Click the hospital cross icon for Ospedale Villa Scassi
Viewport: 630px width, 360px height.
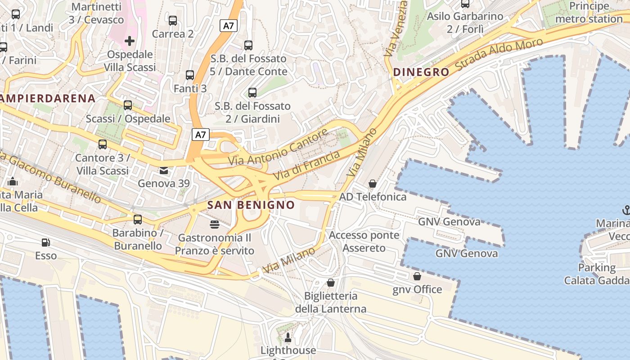(x=130, y=41)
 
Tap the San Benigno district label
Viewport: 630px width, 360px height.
(x=251, y=205)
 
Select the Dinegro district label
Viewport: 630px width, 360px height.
(x=421, y=72)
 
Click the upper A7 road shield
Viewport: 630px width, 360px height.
(x=229, y=26)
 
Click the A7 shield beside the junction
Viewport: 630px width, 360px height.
(x=201, y=134)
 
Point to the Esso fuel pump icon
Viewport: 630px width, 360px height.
(x=45, y=243)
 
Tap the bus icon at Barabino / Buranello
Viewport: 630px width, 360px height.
(x=138, y=220)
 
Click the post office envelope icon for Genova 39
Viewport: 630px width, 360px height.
(x=163, y=170)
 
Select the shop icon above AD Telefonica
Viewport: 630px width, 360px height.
(x=373, y=184)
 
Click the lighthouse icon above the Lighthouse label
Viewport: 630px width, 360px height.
(x=288, y=337)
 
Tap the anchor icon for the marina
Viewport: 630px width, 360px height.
(x=625, y=210)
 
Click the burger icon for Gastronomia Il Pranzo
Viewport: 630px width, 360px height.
(x=215, y=224)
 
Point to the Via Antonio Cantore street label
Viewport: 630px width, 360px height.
(x=278, y=147)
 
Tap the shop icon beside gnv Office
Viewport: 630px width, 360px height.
(x=417, y=276)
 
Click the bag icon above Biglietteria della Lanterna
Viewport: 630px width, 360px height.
(x=331, y=283)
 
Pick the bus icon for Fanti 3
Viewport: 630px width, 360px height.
(x=190, y=75)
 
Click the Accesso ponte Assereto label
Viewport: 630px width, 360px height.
(x=364, y=242)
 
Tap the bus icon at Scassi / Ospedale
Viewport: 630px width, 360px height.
(x=128, y=105)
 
